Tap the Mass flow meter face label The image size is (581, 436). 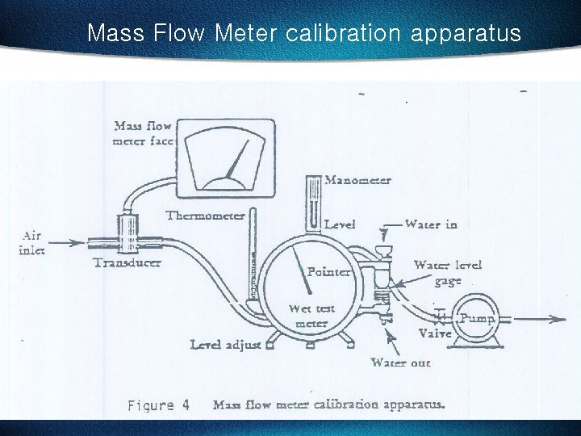(x=143, y=133)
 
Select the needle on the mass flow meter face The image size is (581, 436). (x=236, y=161)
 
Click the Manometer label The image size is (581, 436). (x=357, y=180)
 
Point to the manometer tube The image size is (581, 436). (x=313, y=202)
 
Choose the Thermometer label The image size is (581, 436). (x=205, y=216)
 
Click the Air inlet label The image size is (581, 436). (x=31, y=242)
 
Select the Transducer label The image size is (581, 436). (x=127, y=262)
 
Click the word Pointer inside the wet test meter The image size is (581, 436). (x=328, y=272)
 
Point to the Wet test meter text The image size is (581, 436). (x=311, y=316)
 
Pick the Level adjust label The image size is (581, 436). (x=225, y=345)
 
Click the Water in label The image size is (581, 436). (x=431, y=224)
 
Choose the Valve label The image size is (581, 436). (x=434, y=333)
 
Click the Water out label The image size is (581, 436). (x=400, y=363)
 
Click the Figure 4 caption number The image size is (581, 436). (x=158, y=405)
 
